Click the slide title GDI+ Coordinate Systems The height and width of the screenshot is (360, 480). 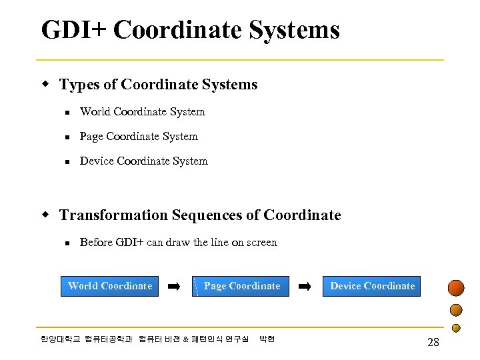pyautogui.click(x=190, y=30)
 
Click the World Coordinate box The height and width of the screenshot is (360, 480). pyautogui.click(x=110, y=286)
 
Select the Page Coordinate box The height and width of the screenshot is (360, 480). pyautogui.click(x=241, y=286)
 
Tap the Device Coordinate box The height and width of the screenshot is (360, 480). pyautogui.click(x=372, y=286)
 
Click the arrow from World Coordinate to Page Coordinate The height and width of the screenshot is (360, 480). pyautogui.click(x=173, y=286)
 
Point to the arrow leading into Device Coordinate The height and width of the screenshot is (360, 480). pyautogui.click(x=304, y=286)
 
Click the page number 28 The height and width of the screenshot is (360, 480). pyautogui.click(x=433, y=342)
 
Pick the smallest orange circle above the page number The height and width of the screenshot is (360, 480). pyautogui.click(x=457, y=327)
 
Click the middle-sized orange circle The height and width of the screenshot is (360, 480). pyautogui.click(x=456, y=310)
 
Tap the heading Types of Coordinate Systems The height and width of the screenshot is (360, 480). pyautogui.click(x=158, y=85)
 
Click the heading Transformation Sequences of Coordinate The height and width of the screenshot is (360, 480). pyautogui.click(x=200, y=215)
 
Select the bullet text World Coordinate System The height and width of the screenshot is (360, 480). pyautogui.click(x=142, y=112)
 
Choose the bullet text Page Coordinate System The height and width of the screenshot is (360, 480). pyautogui.click(x=139, y=137)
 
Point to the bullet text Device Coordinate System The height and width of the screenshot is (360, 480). pyautogui.click(x=143, y=161)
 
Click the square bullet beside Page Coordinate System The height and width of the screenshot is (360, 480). pyautogui.click(x=66, y=137)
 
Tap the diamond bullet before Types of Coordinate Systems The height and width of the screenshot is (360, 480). pyautogui.click(x=46, y=85)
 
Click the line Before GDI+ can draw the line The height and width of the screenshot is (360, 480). pyautogui.click(x=178, y=243)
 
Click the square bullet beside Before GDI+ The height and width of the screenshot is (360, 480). pyautogui.click(x=66, y=243)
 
